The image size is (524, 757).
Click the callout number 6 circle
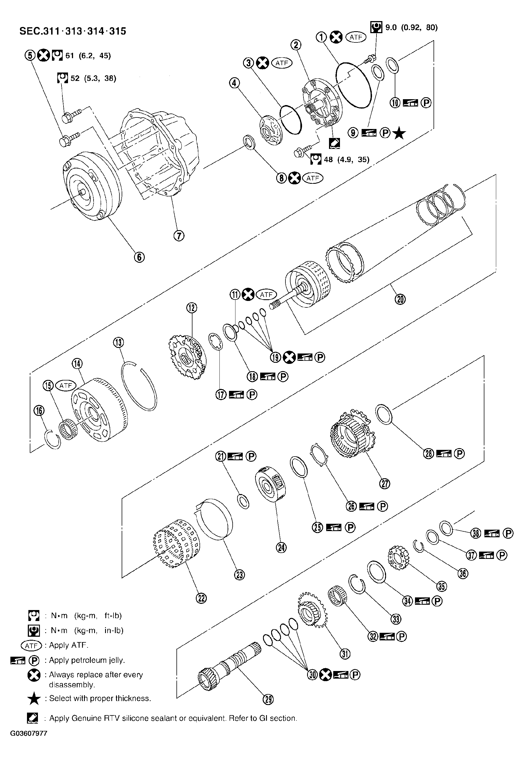click(139, 257)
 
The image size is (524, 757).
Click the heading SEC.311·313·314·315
click(73, 31)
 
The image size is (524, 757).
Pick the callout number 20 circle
click(400, 299)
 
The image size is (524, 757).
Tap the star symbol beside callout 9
click(399, 133)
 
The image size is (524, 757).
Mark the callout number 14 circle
click(78, 363)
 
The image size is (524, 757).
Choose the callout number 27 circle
click(385, 484)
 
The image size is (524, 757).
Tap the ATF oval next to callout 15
click(66, 386)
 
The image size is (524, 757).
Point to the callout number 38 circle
click(476, 533)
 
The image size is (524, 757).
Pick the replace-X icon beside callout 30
click(325, 675)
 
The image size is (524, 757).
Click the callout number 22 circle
click(201, 599)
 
